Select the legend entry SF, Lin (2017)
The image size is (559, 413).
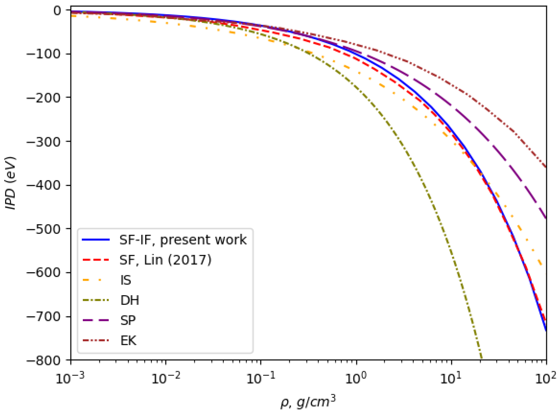[x=165, y=260]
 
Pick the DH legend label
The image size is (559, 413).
[x=130, y=300]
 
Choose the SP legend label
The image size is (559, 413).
[x=128, y=320]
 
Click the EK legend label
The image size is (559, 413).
[x=128, y=340]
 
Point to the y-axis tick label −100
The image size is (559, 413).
[x=43, y=54]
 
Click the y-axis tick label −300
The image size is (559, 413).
[x=43, y=141]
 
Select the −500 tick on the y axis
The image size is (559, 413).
[x=43, y=229]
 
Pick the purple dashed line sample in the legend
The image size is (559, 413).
[x=96, y=320]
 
